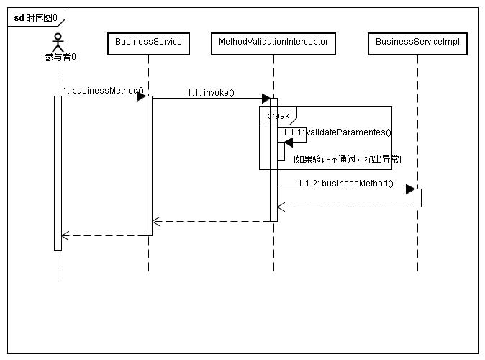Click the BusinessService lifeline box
click(149, 42)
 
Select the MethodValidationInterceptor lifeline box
click(273, 42)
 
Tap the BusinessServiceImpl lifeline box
click(417, 42)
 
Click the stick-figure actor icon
click(58, 40)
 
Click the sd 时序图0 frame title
click(36, 17)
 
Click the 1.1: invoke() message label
click(211, 93)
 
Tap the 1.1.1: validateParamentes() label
click(337, 132)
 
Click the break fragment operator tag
click(278, 116)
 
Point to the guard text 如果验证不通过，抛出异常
click(348, 158)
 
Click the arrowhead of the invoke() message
click(266, 98)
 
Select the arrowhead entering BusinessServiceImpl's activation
click(409, 189)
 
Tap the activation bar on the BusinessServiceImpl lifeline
click(417, 197)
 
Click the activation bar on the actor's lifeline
click(58, 173)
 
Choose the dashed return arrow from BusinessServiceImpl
click(345, 207)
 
